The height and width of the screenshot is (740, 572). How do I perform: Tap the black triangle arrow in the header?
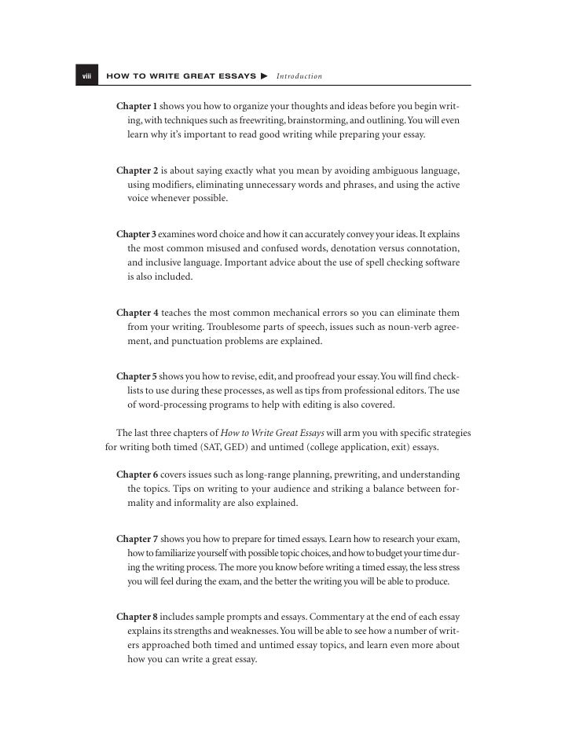(x=265, y=76)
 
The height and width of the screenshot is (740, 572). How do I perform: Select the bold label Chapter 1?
(x=137, y=106)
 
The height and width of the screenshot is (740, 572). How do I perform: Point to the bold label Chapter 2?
(x=137, y=170)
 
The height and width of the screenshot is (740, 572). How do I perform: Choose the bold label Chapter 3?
(x=137, y=234)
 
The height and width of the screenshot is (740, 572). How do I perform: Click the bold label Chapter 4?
(x=137, y=313)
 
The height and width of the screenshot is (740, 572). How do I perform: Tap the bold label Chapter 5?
(x=137, y=376)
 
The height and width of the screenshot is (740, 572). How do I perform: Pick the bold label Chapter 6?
(x=137, y=475)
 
